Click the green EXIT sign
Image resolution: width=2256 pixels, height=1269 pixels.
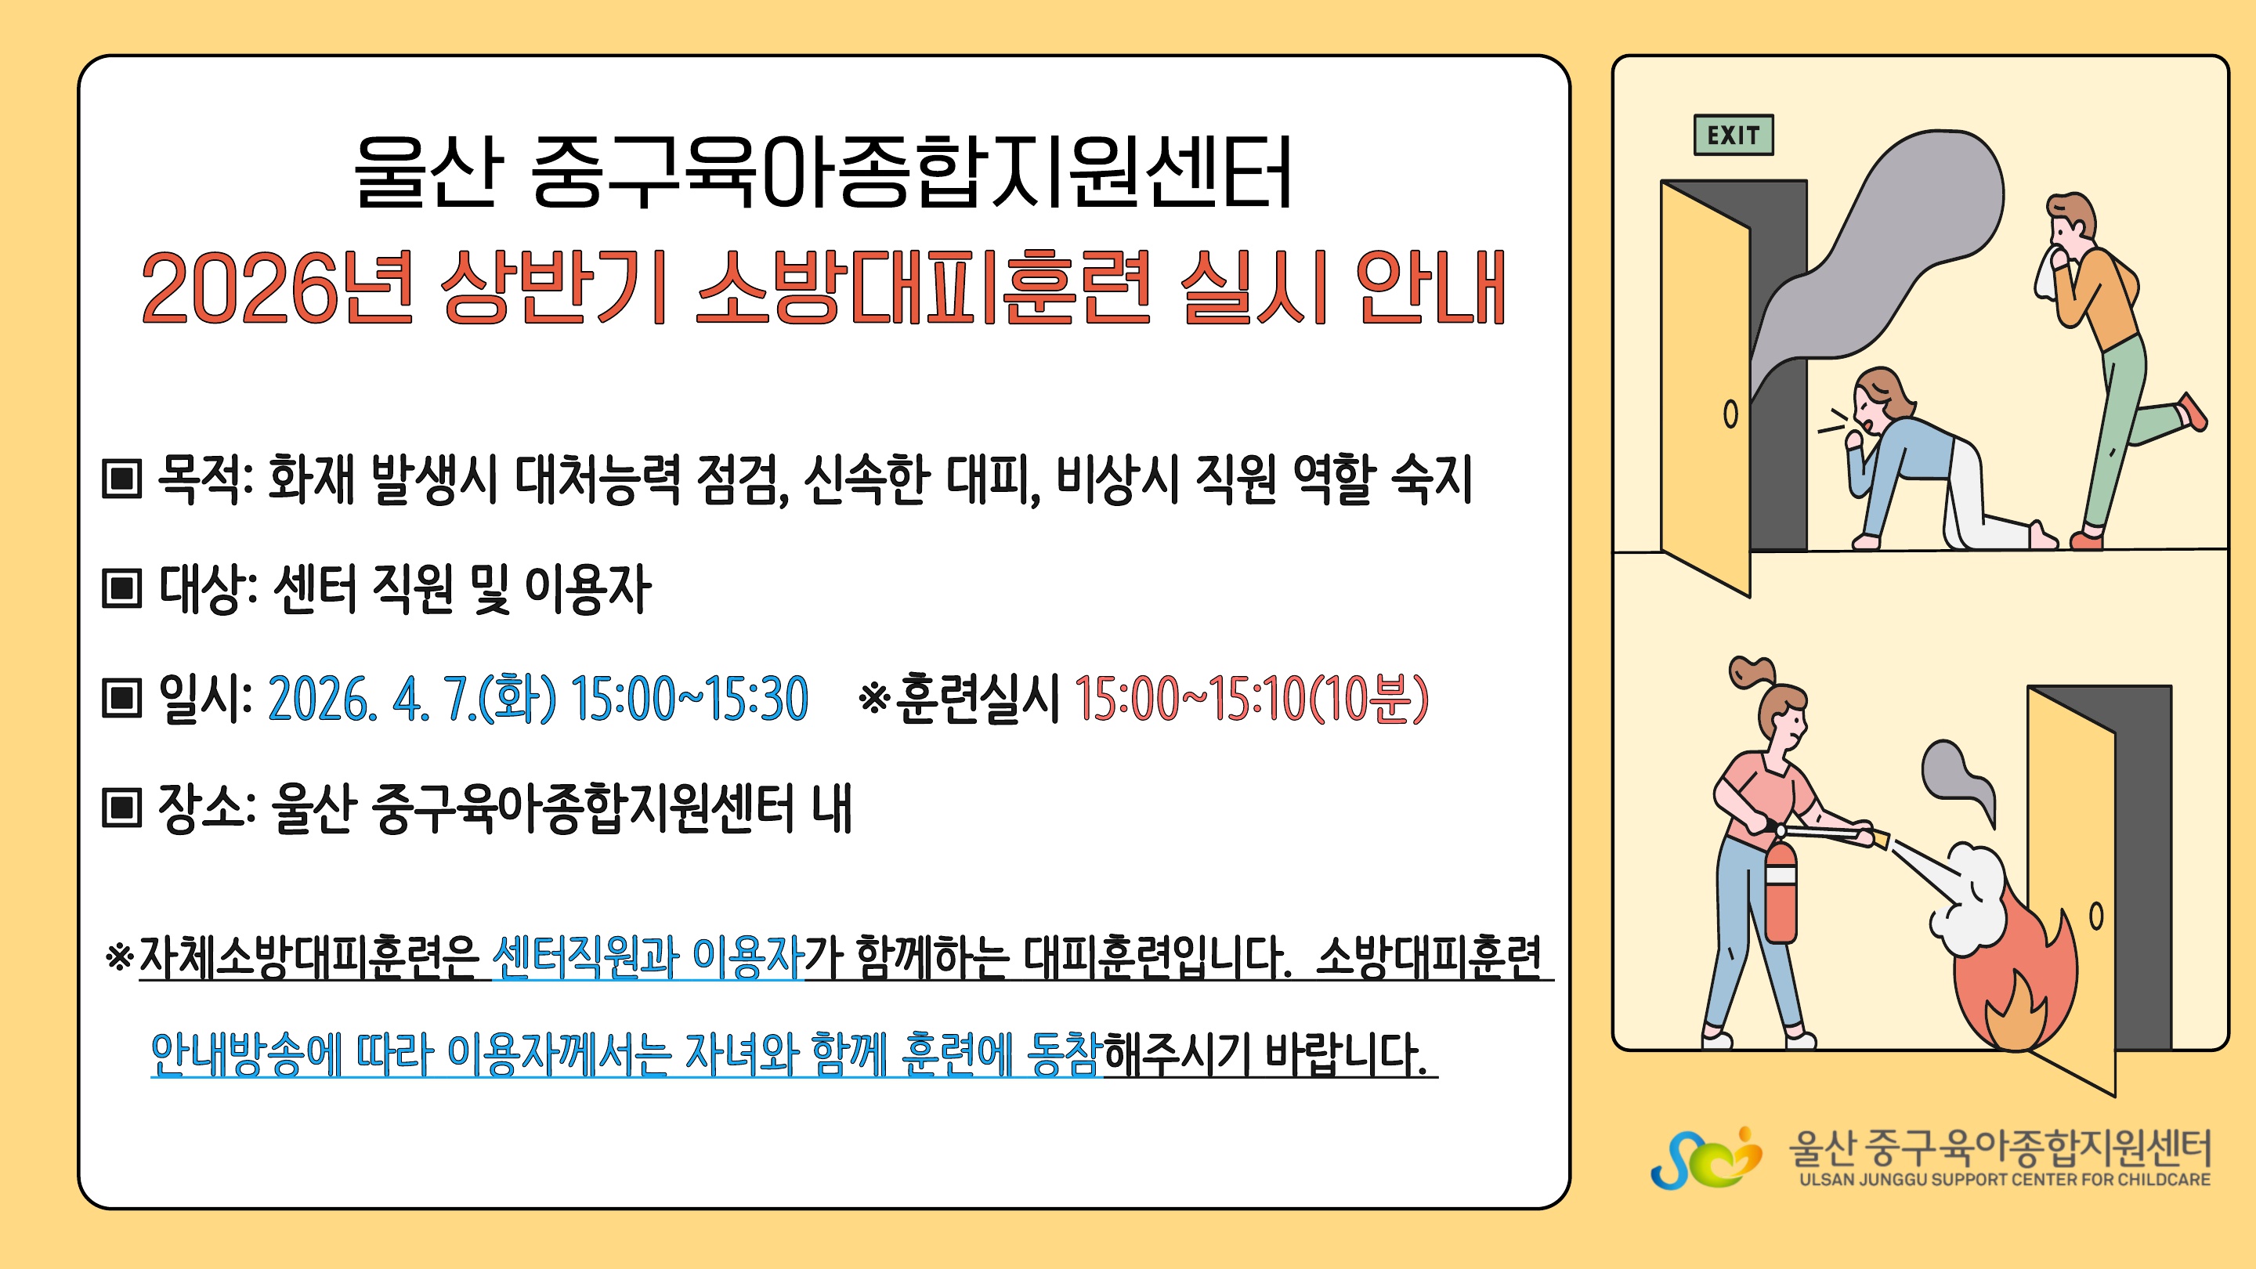pyautogui.click(x=1734, y=135)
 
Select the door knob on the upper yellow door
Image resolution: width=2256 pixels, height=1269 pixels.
pyautogui.click(x=1730, y=414)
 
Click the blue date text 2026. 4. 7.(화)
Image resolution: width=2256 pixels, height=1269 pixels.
pyautogui.click(x=411, y=699)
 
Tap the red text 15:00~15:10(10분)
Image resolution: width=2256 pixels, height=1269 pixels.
pyautogui.click(x=1252, y=699)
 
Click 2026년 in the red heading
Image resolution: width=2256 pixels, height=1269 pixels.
pyautogui.click(x=277, y=287)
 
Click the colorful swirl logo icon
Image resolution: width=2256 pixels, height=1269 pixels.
pyautogui.click(x=1705, y=1158)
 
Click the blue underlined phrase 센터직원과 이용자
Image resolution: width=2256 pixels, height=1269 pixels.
pyautogui.click(x=648, y=956)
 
